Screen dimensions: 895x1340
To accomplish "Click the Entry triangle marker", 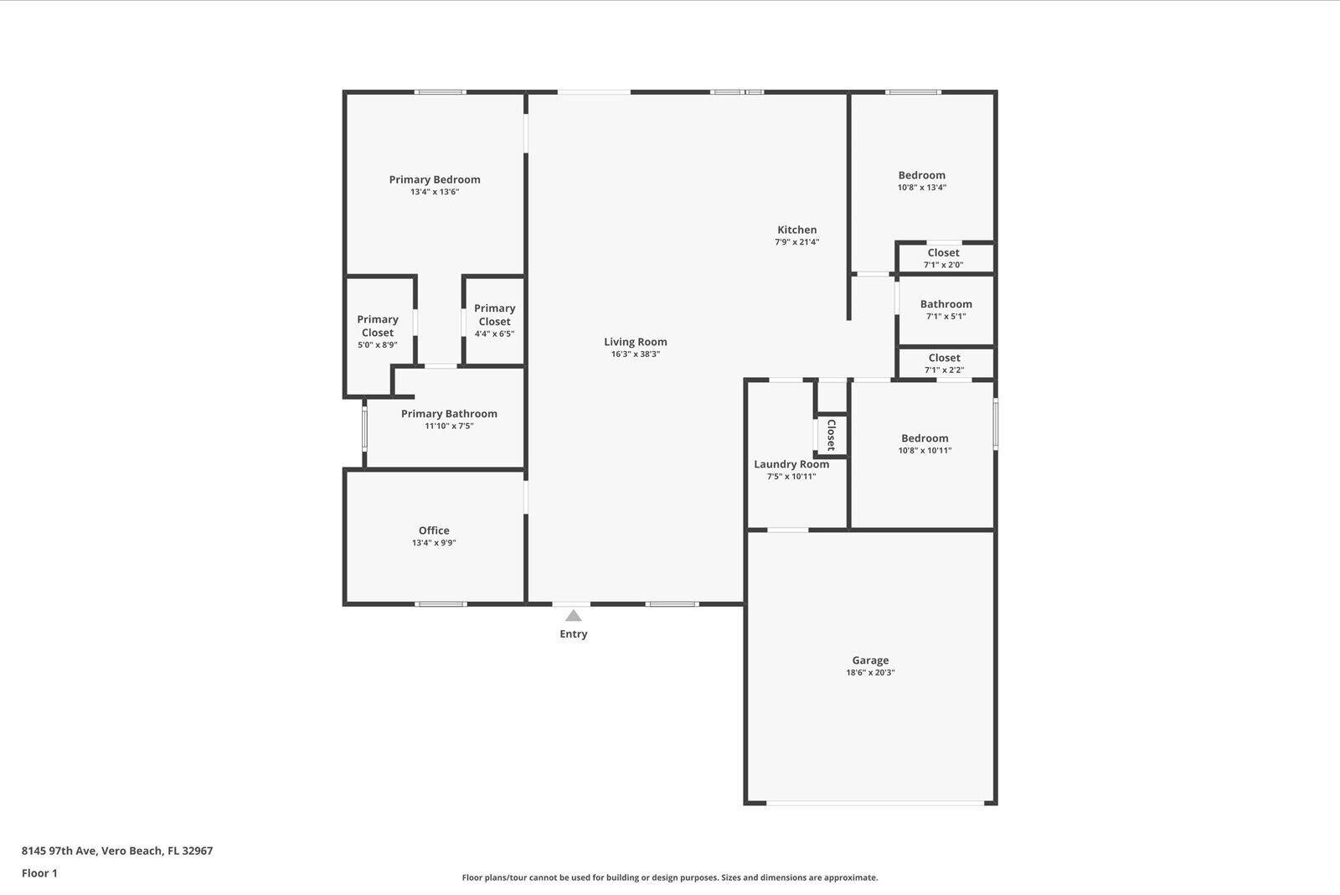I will (573, 616).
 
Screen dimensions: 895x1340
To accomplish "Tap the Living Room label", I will (635, 342).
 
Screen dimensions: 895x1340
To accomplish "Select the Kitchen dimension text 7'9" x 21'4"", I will (796, 242).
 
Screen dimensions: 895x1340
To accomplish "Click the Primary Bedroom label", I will (434, 179).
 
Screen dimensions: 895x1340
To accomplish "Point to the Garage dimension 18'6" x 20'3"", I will (870, 673).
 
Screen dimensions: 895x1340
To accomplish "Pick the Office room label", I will (434, 530).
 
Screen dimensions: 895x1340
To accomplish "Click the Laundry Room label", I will (791, 464).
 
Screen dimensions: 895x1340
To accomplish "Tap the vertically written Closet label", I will (831, 435).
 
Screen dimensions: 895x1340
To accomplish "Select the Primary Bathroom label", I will (449, 414).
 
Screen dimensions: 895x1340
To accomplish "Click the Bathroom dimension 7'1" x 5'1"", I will (946, 317).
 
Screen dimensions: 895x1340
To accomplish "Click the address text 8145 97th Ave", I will (117, 851).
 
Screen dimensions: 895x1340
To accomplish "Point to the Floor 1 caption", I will (39, 873).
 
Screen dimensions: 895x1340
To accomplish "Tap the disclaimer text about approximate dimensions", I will (669, 878).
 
